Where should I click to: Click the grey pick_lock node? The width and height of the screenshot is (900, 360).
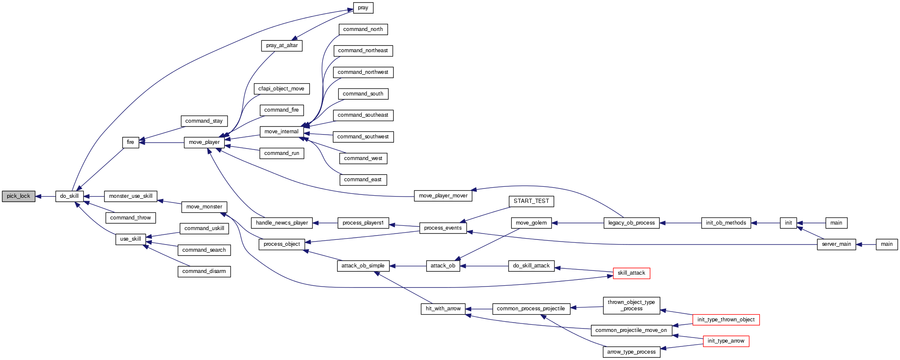click(x=18, y=196)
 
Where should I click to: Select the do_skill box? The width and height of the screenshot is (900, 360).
click(x=69, y=196)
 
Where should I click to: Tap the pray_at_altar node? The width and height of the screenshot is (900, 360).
click(x=281, y=45)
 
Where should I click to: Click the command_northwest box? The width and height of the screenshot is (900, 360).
click(x=363, y=72)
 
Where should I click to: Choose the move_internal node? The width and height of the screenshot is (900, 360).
click(x=281, y=132)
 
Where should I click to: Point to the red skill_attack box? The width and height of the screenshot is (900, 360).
click(x=631, y=273)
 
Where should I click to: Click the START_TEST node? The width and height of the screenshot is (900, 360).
click(x=531, y=201)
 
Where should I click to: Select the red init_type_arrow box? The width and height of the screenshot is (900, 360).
click(x=726, y=341)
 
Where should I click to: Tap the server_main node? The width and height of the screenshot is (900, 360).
click(x=836, y=244)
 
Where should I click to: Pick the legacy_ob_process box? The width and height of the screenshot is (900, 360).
click(x=631, y=223)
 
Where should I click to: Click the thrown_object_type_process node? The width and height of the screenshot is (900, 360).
click(x=631, y=305)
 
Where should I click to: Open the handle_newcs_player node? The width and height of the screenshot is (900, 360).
click(x=282, y=223)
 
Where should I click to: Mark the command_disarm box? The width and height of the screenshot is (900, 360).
click(x=204, y=271)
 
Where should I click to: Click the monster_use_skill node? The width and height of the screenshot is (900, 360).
click(x=131, y=196)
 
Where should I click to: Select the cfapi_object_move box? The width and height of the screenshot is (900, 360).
click(x=281, y=89)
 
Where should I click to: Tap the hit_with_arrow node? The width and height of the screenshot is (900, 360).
click(x=443, y=309)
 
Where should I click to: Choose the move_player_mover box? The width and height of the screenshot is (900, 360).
click(x=443, y=196)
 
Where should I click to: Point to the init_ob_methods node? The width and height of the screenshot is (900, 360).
click(x=726, y=223)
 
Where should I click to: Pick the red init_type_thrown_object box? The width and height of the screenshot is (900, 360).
click(x=726, y=320)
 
